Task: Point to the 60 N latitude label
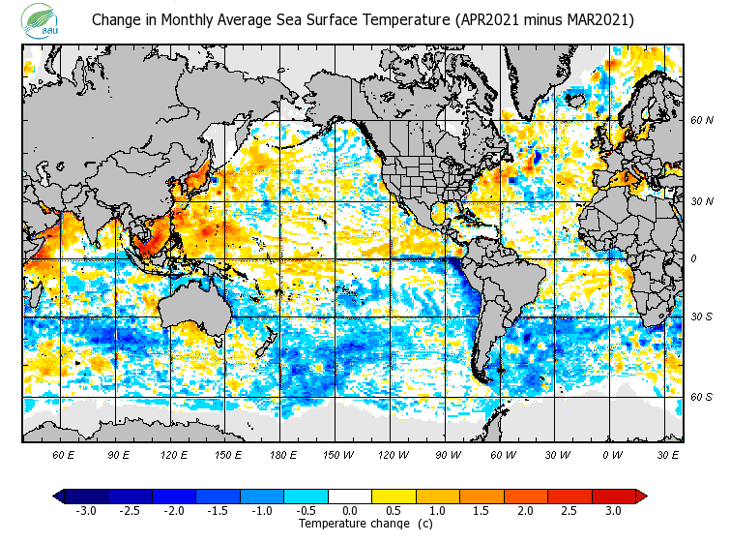pos(701,121)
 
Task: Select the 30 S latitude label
pos(701,317)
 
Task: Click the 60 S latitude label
pos(701,397)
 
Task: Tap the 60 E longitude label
pos(63,454)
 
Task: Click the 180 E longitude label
pos(282,454)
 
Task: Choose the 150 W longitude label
pos(337,454)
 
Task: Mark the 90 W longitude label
pos(448,454)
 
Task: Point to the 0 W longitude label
pos(612,454)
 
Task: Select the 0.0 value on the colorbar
pos(350,510)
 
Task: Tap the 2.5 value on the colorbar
pos(569,510)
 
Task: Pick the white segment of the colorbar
pos(350,496)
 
